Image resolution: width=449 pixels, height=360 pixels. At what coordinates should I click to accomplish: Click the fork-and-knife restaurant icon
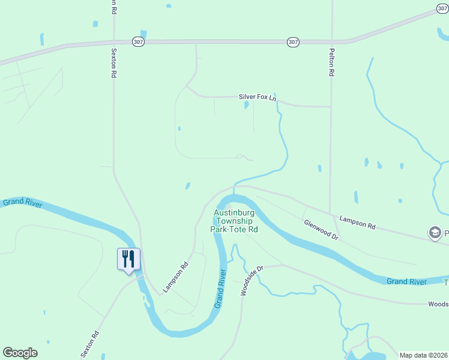(128, 259)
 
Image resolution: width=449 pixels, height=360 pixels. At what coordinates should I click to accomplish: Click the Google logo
(20, 353)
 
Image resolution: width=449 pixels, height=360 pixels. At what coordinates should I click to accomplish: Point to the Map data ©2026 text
(424, 355)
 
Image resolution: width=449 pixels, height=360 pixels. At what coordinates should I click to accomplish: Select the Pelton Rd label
(331, 62)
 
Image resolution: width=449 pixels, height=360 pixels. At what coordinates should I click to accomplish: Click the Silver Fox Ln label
(258, 97)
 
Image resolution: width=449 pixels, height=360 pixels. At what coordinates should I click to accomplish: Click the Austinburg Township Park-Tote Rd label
(234, 221)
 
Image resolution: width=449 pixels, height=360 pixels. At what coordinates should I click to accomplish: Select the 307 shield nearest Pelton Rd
(292, 41)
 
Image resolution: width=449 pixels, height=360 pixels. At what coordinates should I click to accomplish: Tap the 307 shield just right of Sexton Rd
(139, 41)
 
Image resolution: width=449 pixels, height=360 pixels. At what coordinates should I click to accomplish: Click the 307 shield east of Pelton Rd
(442, 8)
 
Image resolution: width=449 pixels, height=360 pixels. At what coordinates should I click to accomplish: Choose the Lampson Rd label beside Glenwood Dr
(357, 223)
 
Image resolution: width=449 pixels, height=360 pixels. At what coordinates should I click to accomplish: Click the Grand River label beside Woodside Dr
(220, 289)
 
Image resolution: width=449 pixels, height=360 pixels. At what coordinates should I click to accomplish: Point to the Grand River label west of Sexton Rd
(22, 203)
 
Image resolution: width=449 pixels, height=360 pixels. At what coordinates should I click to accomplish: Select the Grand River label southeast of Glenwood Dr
(406, 281)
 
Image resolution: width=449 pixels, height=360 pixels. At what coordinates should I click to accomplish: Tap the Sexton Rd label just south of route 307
(113, 64)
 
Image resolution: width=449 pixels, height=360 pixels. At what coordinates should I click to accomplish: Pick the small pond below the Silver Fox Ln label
(247, 105)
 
